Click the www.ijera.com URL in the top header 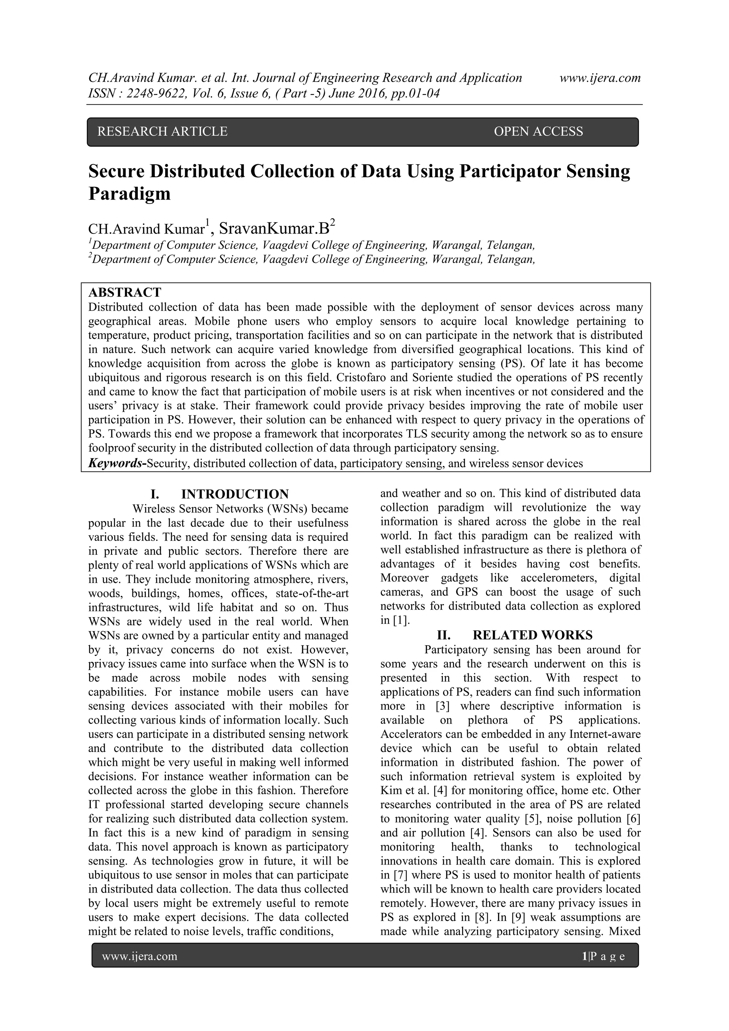(x=600, y=78)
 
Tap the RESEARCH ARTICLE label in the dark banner (x=162, y=132)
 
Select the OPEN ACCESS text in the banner (x=538, y=132)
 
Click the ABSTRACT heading (x=125, y=292)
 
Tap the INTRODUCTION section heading (x=235, y=494)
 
